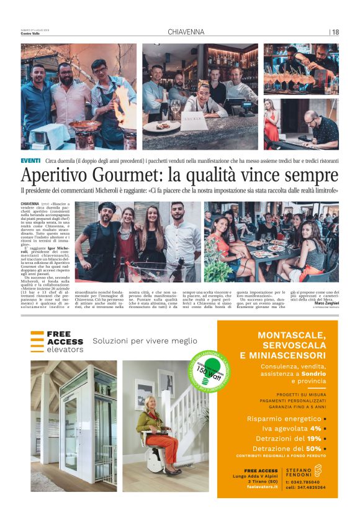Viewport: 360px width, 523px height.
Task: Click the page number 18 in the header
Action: [335, 32]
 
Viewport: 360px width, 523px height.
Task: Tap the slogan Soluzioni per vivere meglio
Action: [145, 340]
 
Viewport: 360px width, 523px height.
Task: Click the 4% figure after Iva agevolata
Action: [315, 428]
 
